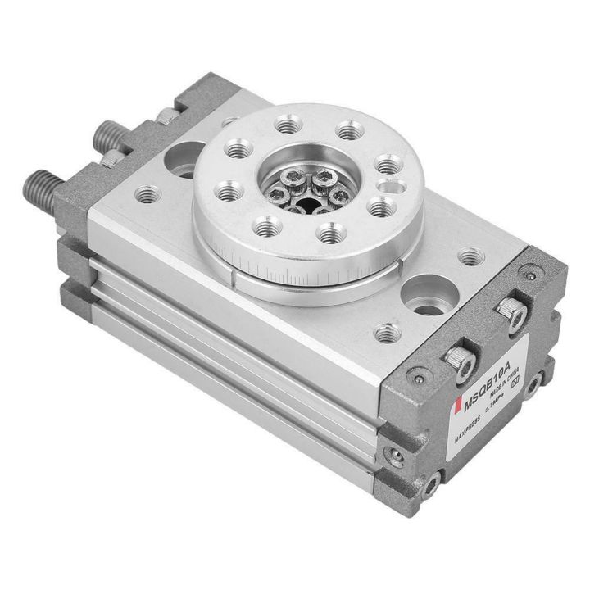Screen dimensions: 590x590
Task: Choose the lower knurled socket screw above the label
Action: pos(457,357)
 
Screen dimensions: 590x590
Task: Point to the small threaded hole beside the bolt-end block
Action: pos(148,194)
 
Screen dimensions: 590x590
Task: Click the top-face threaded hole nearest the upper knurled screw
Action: pos(469,257)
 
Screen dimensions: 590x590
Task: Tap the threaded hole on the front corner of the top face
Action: pos(387,332)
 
